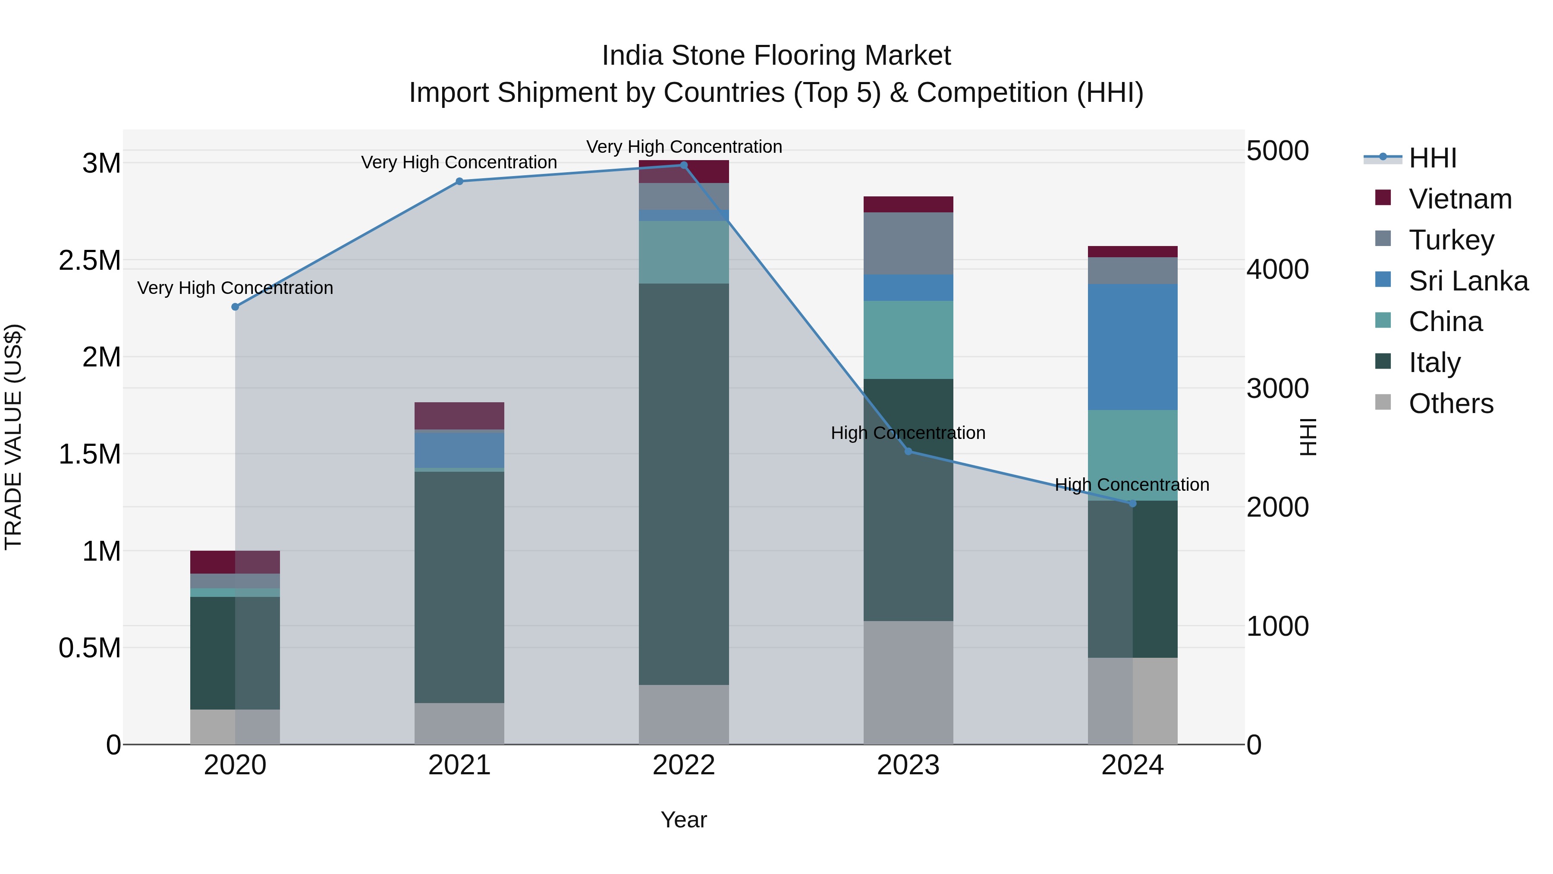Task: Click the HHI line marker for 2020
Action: (235, 307)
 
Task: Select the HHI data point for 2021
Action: (459, 182)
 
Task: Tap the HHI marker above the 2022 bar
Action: (684, 165)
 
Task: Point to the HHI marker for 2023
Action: (909, 451)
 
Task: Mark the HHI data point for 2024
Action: (1132, 504)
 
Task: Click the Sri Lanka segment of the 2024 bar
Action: (1132, 347)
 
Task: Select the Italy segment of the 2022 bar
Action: (684, 483)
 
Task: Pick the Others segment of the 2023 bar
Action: (908, 682)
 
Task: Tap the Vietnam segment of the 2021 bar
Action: (459, 416)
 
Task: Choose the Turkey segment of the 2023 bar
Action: (908, 243)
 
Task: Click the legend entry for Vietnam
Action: (1459, 199)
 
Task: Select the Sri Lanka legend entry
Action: (1468, 281)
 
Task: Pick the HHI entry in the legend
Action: (1432, 158)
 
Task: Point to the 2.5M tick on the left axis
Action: (89, 261)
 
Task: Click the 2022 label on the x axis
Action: (684, 765)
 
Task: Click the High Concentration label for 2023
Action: (908, 433)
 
